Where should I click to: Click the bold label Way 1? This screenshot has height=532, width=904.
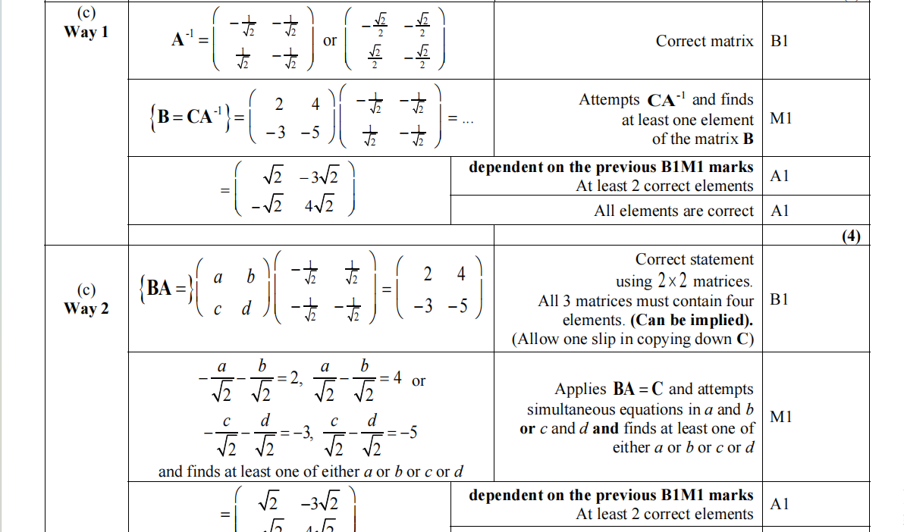[86, 32]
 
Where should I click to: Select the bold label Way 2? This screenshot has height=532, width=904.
[86, 308]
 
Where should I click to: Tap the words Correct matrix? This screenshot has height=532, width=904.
[705, 41]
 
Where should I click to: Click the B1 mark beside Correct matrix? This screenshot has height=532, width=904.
[779, 41]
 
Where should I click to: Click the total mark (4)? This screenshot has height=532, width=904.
[852, 236]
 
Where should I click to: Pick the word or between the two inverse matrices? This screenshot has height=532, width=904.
[330, 40]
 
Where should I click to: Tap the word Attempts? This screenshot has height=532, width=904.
[610, 99]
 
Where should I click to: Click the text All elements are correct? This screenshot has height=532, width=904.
[673, 211]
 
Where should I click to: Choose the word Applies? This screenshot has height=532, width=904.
[580, 390]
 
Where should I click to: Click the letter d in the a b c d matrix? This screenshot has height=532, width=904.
[244, 309]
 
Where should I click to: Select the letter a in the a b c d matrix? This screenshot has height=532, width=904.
[218, 278]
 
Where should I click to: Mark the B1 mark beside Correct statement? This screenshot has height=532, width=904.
[779, 299]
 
